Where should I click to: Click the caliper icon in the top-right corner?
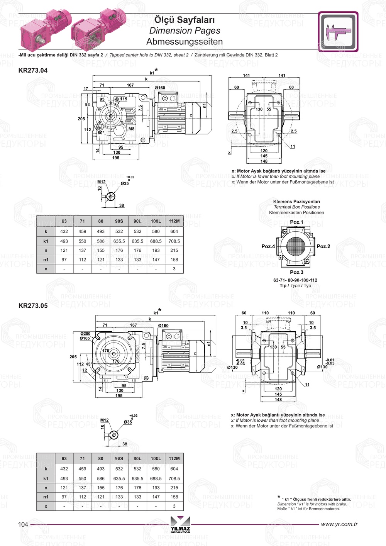[338, 32]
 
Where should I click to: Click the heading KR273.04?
[33, 70]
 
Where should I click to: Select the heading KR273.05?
[33, 305]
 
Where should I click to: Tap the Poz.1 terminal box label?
[296, 222]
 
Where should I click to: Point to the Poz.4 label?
[268, 246]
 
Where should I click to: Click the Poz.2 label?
[323, 246]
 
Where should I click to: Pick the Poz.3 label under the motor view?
[296, 272]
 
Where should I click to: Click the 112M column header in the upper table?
[174, 221]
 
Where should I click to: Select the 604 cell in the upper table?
[174, 231]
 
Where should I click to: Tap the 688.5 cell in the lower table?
[156, 478]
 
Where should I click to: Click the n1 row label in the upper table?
[46, 259]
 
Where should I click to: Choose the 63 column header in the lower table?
[64, 459]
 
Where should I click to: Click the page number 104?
[23, 524]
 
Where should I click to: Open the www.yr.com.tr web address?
[339, 524]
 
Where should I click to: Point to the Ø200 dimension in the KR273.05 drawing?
[85, 334]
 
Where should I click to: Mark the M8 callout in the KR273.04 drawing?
[131, 129]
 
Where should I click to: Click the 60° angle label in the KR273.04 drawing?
[101, 132]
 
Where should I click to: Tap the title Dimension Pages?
[185, 31]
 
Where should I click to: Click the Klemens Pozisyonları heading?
[296, 202]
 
